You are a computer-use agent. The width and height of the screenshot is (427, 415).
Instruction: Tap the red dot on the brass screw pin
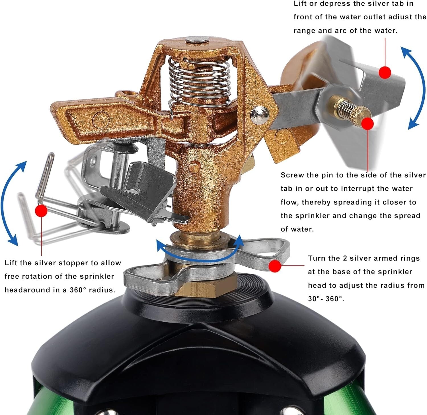click(368, 124)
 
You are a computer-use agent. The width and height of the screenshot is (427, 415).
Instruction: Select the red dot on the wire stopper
click(41, 211)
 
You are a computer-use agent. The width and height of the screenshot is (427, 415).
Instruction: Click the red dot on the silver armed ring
click(275, 266)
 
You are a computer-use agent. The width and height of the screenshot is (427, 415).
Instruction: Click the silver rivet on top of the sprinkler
click(197, 40)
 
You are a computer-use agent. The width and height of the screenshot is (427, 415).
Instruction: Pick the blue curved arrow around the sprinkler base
click(199, 251)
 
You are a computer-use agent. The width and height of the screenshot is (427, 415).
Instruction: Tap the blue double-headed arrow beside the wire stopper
click(13, 203)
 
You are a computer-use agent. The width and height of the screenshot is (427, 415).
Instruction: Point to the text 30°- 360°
click(326, 299)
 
